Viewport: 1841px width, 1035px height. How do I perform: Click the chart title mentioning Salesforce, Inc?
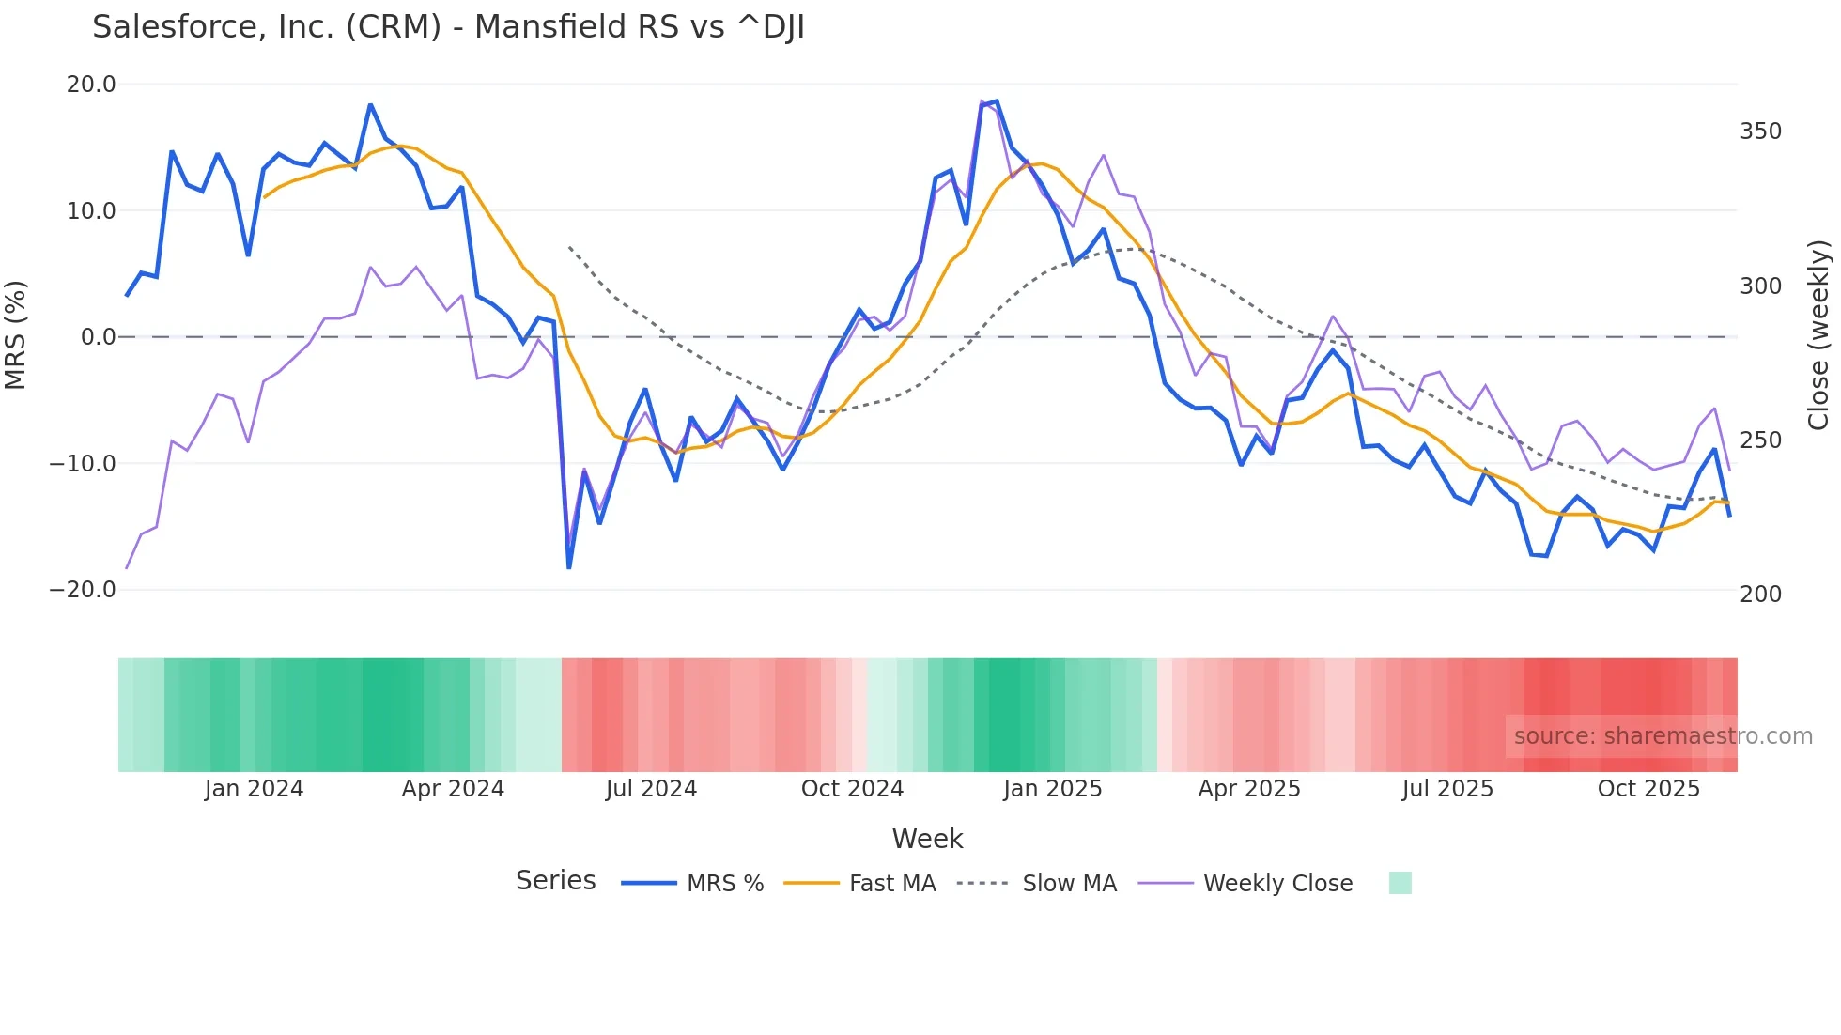click(448, 27)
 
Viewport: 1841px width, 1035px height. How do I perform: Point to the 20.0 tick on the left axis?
click(91, 85)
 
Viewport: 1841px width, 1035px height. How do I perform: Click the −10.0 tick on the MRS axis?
click(83, 464)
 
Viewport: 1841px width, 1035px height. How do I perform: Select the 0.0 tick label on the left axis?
click(99, 337)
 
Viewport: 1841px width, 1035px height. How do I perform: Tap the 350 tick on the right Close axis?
click(1760, 131)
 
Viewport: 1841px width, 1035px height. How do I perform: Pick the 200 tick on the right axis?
click(1760, 595)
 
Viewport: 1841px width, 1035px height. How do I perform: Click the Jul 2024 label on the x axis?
click(651, 789)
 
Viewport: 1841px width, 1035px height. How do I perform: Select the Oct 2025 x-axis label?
click(1648, 789)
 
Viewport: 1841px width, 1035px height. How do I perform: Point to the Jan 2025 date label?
click(1052, 789)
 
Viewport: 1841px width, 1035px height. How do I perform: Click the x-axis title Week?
click(927, 839)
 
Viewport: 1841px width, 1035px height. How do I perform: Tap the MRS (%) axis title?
click(16, 335)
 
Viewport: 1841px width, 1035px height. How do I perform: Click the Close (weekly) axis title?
click(1818, 335)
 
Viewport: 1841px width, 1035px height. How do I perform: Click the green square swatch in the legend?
click(1400, 883)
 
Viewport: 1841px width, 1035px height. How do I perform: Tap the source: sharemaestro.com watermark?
click(1663, 736)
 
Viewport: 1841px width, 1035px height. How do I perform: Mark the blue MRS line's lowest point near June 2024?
click(569, 567)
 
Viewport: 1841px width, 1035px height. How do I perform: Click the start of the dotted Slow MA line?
click(569, 247)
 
